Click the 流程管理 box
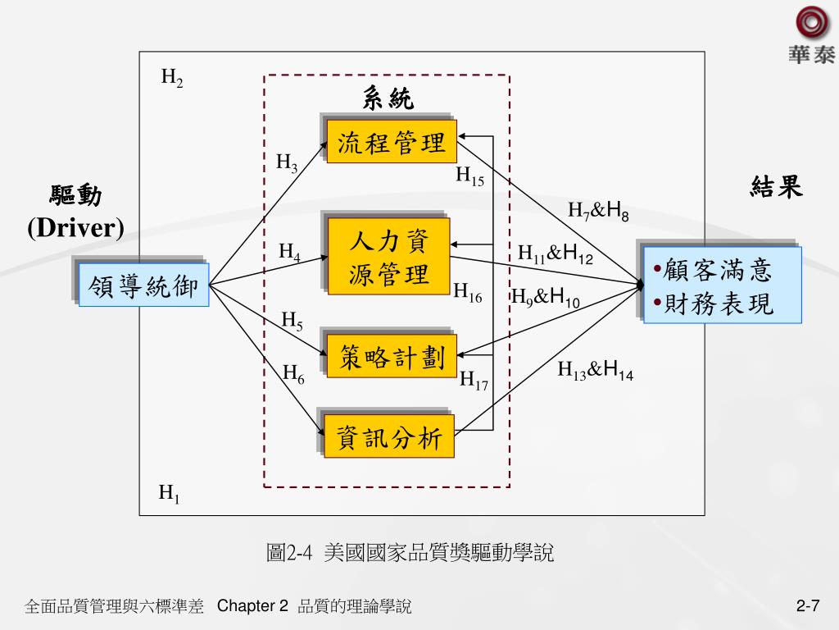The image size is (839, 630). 391,143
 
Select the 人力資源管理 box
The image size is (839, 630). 388,256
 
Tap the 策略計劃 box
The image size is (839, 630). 392,357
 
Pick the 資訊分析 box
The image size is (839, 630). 389,438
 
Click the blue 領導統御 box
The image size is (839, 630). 144,286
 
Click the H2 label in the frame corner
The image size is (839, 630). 172,79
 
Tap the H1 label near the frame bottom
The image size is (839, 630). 170,494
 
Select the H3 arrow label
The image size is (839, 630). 287,162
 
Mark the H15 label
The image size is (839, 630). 470,176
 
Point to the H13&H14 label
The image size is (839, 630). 596,371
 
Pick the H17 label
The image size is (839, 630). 474,380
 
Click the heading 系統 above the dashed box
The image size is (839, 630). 388,99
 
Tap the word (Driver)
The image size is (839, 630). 76,227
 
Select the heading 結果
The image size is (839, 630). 776,188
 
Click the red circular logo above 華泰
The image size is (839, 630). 812,23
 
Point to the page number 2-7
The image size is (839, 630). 808,606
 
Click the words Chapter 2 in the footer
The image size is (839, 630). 253,606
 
